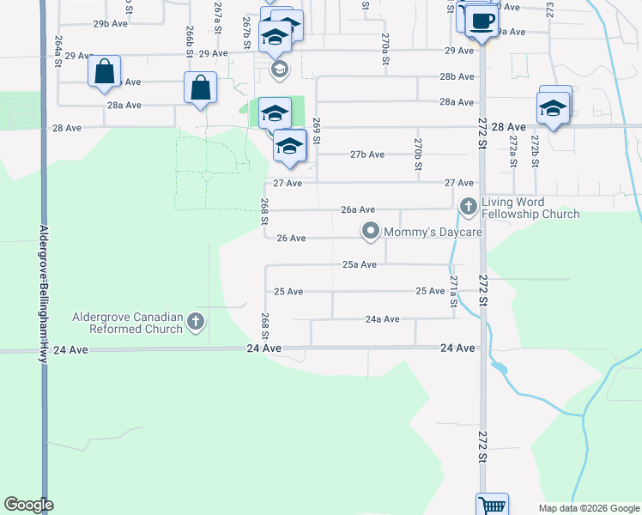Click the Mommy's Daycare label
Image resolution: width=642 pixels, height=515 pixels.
coord(433,232)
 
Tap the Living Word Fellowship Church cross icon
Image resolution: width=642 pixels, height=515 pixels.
coord(468,206)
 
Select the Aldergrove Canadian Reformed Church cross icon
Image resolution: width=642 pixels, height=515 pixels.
coord(196,322)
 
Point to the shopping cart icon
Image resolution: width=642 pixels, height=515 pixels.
coord(493,505)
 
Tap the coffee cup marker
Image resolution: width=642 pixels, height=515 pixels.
coord(482,21)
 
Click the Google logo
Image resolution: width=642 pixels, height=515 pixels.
coord(28,505)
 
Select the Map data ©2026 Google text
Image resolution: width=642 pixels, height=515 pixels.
coord(588,508)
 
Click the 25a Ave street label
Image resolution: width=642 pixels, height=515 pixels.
coord(360,264)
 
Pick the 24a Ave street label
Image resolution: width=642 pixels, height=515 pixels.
coord(382,319)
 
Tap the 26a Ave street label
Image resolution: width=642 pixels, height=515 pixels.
coord(358,209)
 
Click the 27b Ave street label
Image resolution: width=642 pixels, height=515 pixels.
coord(366,154)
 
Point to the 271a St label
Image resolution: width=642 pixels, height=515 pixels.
coord(453,292)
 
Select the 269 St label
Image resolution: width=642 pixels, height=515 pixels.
coord(317,130)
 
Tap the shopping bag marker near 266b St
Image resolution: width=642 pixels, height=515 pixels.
coord(200,88)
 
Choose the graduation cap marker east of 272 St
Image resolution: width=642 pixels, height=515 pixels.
coord(553,108)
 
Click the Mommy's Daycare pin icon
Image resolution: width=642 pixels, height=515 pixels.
coord(371,231)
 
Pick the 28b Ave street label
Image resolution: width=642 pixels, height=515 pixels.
coord(457,76)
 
